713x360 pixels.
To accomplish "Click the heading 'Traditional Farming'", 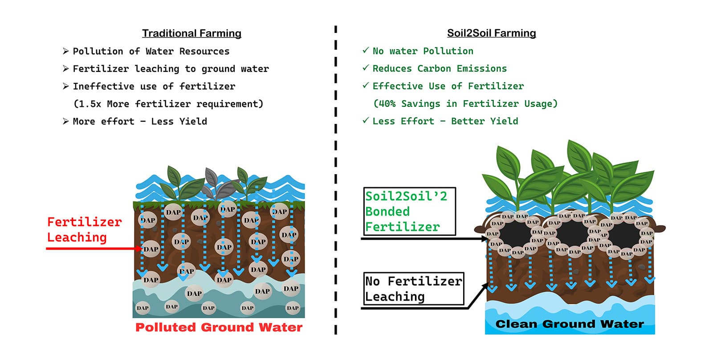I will [191, 33].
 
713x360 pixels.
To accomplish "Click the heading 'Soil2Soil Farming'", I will [491, 33].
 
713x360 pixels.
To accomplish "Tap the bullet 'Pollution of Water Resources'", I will [151, 51].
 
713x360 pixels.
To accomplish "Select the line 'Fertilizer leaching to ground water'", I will [171, 69].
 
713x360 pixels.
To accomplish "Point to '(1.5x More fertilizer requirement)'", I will [168, 104].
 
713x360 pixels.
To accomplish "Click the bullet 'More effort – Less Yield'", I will [140, 121].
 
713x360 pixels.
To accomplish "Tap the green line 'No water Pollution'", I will [423, 51].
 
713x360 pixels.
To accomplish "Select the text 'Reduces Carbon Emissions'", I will [440, 69].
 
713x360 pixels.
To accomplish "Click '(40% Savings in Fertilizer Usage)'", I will [465, 104].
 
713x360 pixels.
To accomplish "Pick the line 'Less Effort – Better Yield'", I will [445, 121].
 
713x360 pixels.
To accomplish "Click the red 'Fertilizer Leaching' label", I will [84, 229].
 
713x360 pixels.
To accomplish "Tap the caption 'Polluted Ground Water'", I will [219, 327].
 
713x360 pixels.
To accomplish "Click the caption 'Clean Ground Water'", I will [570, 324].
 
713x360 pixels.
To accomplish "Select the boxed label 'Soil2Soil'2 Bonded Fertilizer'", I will [409, 211].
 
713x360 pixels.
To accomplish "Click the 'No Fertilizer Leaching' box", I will [413, 289].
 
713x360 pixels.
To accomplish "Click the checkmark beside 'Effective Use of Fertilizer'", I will [366, 85].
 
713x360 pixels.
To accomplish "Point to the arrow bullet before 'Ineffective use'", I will [65, 86].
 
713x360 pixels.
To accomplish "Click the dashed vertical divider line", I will [336, 178].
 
